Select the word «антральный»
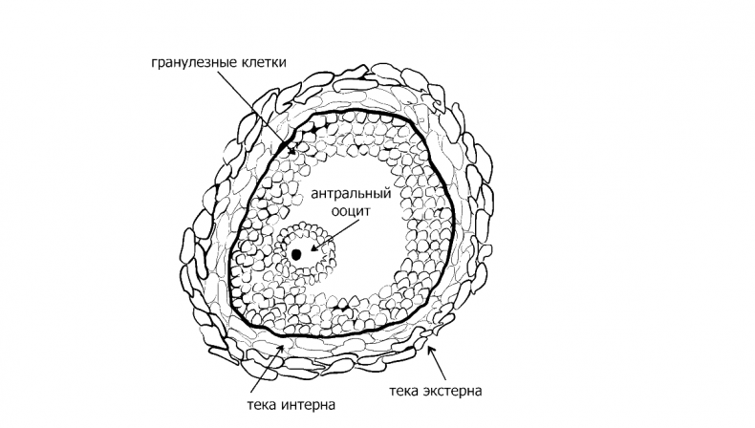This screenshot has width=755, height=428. [351, 194]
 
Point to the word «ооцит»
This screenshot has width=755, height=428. [351, 211]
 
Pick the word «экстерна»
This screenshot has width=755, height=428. [453, 391]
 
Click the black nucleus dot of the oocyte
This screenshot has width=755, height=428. [296, 254]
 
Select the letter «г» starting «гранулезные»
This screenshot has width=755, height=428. [154, 64]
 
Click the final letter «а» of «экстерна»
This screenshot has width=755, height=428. [478, 392]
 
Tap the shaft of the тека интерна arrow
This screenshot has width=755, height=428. [266, 372]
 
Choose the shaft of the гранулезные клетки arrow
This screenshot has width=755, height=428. [256, 111]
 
